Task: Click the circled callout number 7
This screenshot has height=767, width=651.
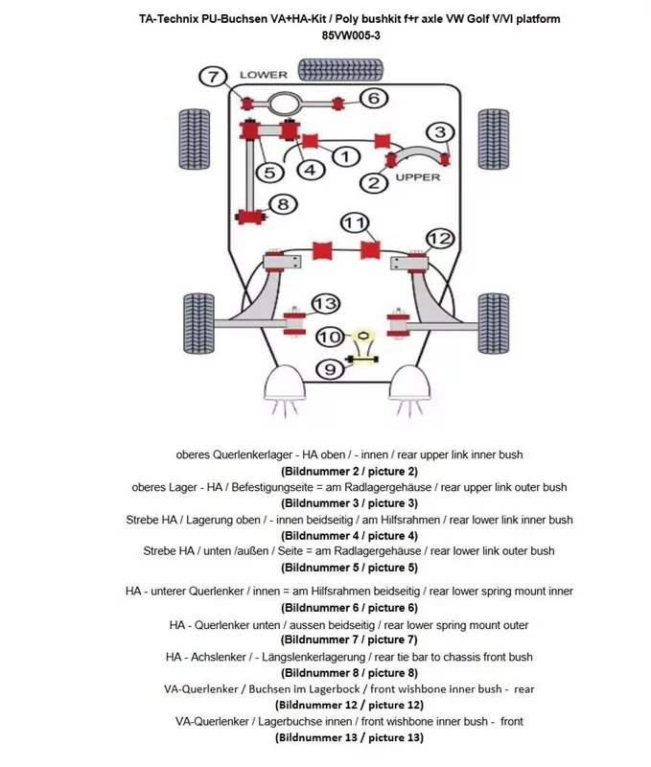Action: click(212, 77)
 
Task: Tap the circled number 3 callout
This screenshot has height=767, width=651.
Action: click(440, 132)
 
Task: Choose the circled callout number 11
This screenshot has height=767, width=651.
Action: click(356, 222)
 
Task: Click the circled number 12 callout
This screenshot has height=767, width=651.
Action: click(439, 238)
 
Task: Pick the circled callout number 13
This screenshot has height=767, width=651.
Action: click(326, 304)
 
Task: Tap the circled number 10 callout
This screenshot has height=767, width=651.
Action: click(329, 337)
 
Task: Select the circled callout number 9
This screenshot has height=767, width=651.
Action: click(329, 368)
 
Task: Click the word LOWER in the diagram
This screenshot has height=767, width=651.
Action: click(264, 75)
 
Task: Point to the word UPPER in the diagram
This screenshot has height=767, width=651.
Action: click(418, 176)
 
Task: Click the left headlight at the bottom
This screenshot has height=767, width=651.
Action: click(286, 387)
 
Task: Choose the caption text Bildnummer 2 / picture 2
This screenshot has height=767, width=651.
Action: click(349, 471)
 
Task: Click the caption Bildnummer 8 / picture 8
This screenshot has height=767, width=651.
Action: click(349, 673)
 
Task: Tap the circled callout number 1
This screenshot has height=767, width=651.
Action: click(345, 156)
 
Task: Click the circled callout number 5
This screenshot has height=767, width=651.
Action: click(270, 173)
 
